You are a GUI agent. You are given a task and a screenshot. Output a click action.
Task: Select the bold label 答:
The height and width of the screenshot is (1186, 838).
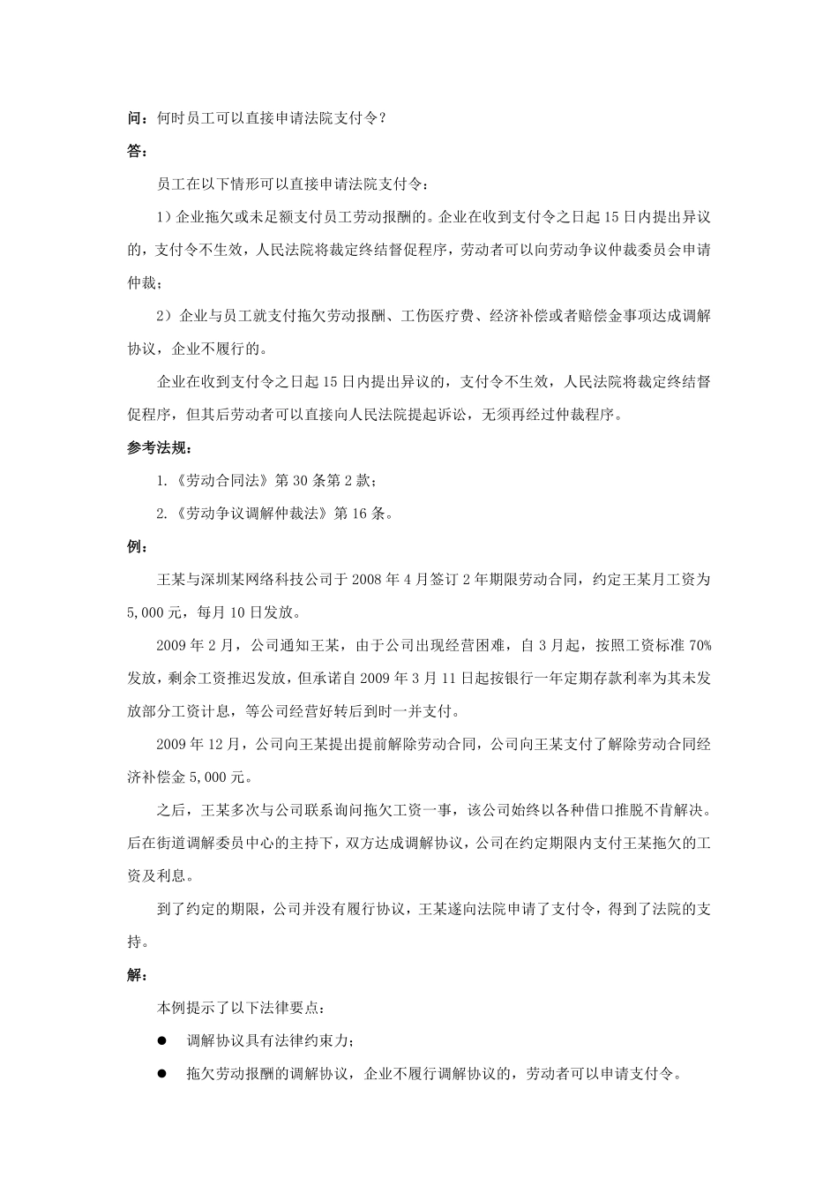coord(137,151)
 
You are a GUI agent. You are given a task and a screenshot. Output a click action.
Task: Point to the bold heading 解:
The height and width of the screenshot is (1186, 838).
coord(137,975)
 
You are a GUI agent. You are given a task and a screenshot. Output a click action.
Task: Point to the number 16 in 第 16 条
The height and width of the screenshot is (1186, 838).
coord(361,514)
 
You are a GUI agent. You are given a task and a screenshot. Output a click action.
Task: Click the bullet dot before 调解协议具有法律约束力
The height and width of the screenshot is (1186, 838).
coord(162,1041)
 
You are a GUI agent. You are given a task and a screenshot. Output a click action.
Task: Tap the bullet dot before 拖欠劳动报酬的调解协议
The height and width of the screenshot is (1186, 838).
coord(162,1074)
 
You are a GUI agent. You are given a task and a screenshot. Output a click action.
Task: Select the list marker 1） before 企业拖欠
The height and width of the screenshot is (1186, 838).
coord(165,217)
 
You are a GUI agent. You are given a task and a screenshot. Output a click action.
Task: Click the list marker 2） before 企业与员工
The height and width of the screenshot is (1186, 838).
coord(165,316)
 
